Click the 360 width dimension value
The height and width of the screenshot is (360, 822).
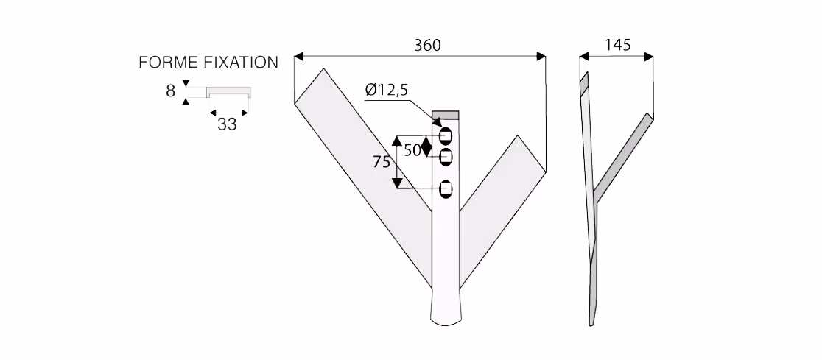click(x=427, y=46)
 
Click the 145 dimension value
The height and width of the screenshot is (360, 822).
click(x=617, y=45)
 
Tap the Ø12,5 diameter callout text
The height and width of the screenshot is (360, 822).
click(x=387, y=91)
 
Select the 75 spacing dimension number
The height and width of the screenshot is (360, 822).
click(x=382, y=163)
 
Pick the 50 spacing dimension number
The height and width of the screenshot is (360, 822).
click(x=412, y=150)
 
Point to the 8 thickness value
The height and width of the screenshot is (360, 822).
click(x=170, y=91)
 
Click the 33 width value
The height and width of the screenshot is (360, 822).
click(x=227, y=124)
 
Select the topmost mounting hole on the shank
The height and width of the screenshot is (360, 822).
click(x=446, y=135)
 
